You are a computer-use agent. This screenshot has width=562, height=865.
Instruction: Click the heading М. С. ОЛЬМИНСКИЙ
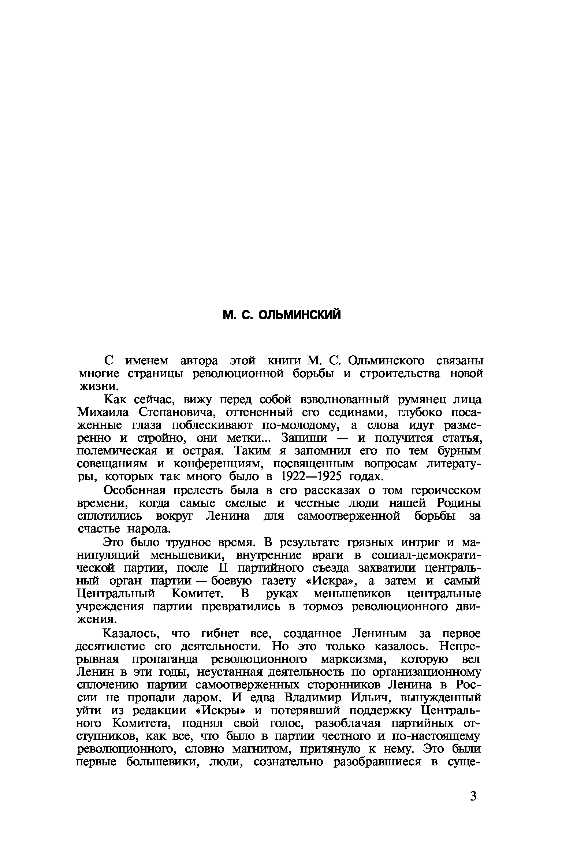(282, 315)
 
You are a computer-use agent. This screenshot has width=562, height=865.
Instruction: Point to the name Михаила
(103, 412)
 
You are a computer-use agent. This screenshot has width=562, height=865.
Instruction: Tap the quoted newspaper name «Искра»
(331, 581)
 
